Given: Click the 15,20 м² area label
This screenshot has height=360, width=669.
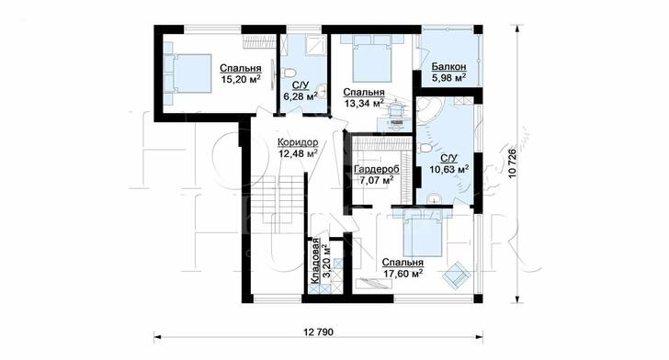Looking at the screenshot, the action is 241,78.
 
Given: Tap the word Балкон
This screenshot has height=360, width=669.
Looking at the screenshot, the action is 448,66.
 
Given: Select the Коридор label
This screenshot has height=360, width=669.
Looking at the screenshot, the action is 298,142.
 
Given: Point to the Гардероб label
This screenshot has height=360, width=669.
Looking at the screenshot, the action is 377,170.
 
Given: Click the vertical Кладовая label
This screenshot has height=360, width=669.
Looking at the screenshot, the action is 315,261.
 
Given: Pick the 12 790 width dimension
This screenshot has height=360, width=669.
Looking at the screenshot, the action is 319,332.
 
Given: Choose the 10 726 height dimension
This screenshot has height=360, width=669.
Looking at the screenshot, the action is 513,163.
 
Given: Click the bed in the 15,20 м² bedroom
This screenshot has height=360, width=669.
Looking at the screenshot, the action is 187,73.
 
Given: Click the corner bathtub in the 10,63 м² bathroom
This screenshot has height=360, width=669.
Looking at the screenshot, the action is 428,110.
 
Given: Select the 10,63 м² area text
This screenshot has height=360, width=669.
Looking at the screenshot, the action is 449,169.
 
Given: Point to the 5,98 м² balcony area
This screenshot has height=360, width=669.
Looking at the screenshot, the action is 448,77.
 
